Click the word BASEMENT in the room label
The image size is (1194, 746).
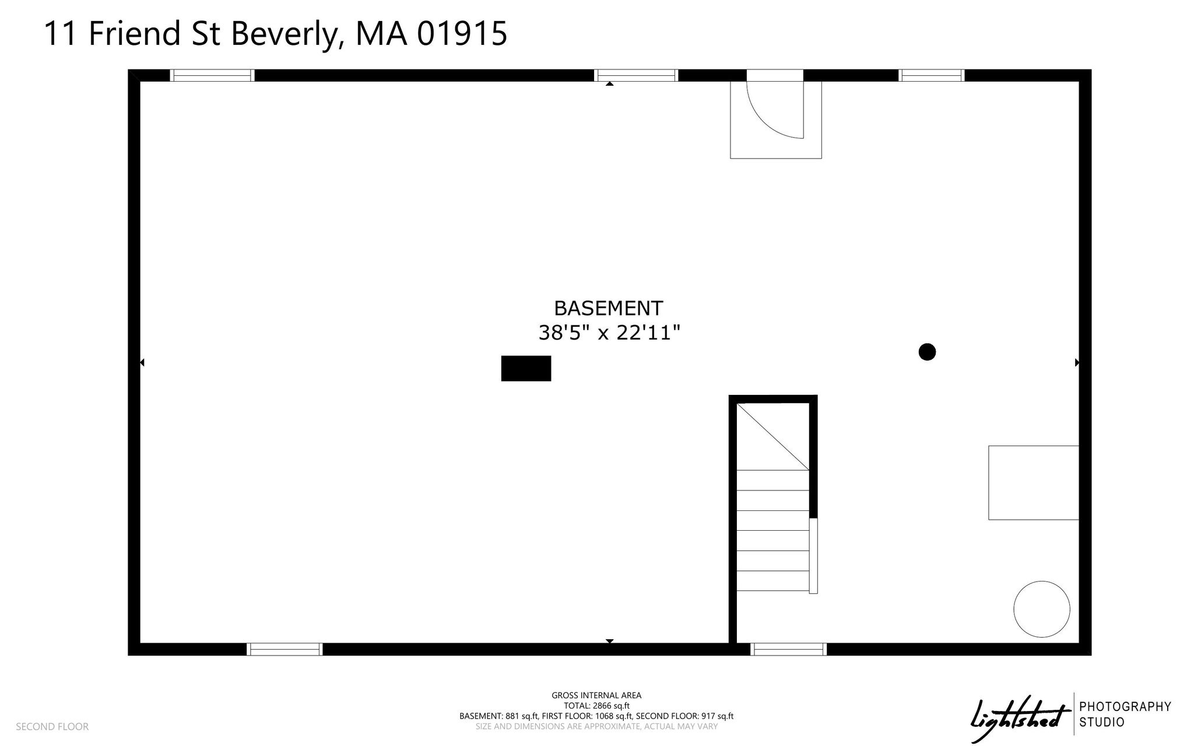pyautogui.click(x=608, y=308)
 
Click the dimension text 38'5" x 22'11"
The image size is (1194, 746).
pyautogui.click(x=609, y=333)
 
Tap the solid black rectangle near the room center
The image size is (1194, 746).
pyautogui.click(x=526, y=369)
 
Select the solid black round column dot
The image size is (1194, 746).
pyautogui.click(x=927, y=352)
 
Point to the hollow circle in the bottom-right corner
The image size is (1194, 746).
pyautogui.click(x=1042, y=609)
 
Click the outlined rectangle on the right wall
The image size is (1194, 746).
pyautogui.click(x=1034, y=482)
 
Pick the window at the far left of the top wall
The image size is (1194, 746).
pyautogui.click(x=212, y=75)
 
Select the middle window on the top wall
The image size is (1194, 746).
pyautogui.click(x=636, y=75)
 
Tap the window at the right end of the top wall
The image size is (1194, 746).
pyautogui.click(x=932, y=75)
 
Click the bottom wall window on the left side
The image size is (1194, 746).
pyautogui.click(x=285, y=649)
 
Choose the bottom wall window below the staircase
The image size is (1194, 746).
pyautogui.click(x=789, y=649)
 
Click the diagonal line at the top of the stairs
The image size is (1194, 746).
pyautogui.click(x=773, y=437)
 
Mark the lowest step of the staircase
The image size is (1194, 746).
pyautogui.click(x=773, y=581)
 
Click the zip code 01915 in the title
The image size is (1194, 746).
pyautogui.click(x=462, y=33)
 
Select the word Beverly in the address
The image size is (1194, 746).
pyautogui.click(x=286, y=34)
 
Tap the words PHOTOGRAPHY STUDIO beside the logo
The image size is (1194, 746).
pyautogui.click(x=1125, y=715)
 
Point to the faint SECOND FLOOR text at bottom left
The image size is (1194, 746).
pyautogui.click(x=52, y=727)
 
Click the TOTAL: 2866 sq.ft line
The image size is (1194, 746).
pyautogui.click(x=596, y=706)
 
